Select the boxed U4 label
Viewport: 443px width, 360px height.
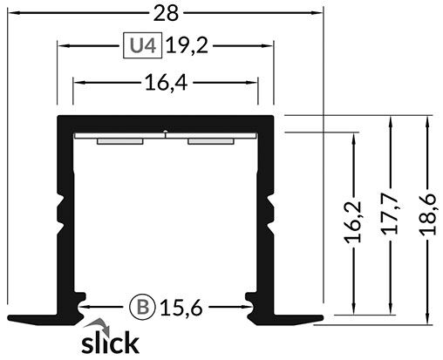coord(140,46)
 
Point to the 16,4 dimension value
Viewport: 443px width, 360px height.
coord(165,83)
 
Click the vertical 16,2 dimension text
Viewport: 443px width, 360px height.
coord(353,226)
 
